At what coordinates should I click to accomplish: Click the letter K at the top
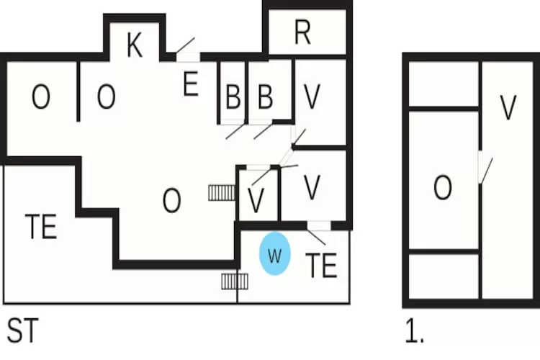(133, 45)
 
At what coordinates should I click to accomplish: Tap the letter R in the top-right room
(302, 32)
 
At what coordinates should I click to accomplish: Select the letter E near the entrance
(190, 85)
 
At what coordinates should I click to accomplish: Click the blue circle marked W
(274, 253)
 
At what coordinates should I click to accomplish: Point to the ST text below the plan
(22, 331)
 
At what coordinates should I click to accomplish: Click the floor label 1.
(414, 332)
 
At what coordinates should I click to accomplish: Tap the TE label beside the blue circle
(321, 266)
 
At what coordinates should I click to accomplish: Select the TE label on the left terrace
(40, 228)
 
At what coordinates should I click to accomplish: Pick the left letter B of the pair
(232, 96)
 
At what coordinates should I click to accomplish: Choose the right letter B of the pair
(265, 96)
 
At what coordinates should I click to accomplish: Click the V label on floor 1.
(508, 108)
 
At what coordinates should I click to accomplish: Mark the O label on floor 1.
(442, 189)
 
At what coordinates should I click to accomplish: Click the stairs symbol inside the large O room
(222, 192)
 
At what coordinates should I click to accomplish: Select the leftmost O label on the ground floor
(40, 97)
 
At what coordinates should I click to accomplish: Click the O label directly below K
(106, 97)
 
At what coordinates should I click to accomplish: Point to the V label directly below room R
(312, 97)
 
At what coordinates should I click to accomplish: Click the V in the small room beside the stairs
(256, 201)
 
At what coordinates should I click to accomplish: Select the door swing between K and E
(186, 45)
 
